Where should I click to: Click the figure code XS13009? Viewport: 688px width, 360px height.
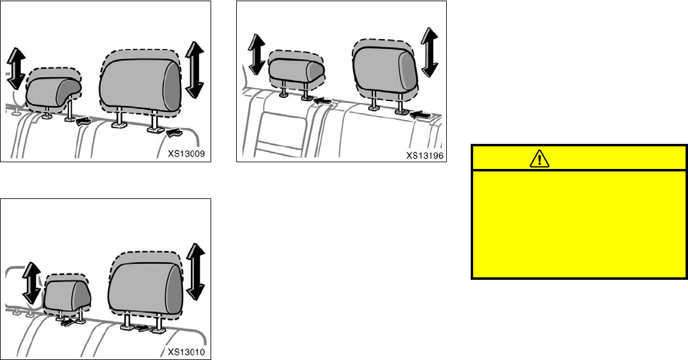pyautogui.click(x=191, y=153)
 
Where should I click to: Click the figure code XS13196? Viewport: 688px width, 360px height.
pyautogui.click(x=425, y=155)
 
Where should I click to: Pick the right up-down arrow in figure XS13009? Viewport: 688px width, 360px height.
pyautogui.click(x=194, y=69)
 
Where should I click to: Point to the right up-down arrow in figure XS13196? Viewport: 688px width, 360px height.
pyautogui.click(x=430, y=52)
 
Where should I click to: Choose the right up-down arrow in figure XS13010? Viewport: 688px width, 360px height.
pyautogui.click(x=196, y=271)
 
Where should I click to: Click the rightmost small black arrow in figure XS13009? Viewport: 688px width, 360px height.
pyautogui.click(x=174, y=130)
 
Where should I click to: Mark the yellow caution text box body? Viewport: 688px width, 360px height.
pyautogui.click(x=578, y=223)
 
